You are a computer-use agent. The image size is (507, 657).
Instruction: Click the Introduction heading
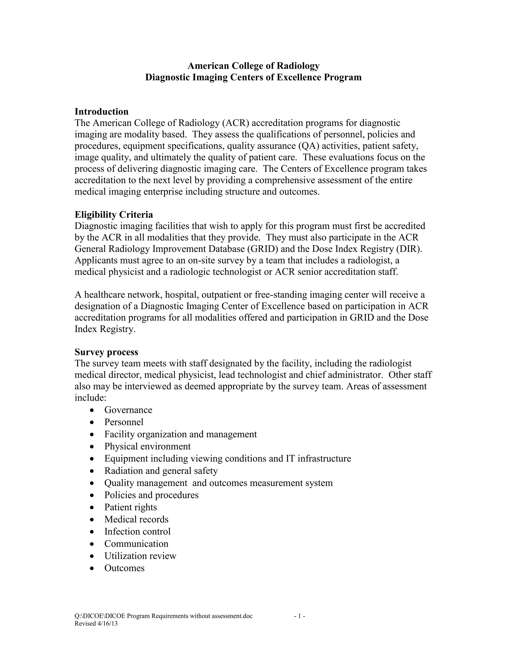click(101, 112)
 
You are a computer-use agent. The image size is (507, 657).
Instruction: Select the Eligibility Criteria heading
click(114, 214)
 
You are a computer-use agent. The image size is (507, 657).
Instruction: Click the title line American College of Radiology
click(253, 66)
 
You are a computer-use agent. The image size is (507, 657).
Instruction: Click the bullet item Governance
click(128, 410)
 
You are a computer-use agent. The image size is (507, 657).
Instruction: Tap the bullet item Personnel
click(124, 422)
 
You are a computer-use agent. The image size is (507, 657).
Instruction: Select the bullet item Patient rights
click(131, 507)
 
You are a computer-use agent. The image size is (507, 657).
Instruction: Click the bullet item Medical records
click(136, 519)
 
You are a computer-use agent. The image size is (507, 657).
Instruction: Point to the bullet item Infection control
click(137, 532)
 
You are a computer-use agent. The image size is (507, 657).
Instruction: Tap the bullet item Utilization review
click(140, 556)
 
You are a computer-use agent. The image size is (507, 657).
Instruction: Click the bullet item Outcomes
click(124, 568)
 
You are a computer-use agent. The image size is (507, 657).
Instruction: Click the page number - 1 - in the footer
click(300, 616)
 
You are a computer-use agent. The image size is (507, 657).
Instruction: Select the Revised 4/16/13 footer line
click(96, 623)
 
